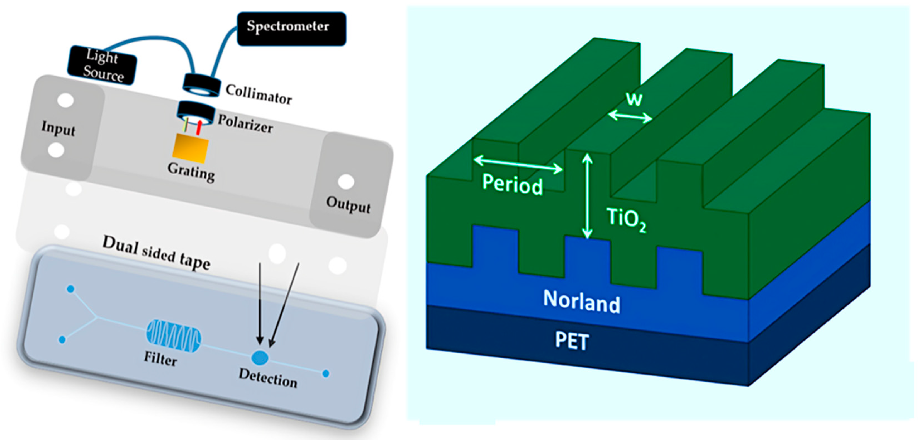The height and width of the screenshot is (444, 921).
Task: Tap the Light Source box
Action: click(102, 65)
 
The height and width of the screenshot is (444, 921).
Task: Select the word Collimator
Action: click(259, 94)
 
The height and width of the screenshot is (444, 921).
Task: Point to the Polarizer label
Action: click(245, 124)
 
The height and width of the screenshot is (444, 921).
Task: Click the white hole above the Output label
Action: click(346, 181)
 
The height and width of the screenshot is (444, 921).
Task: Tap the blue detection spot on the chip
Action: click(260, 357)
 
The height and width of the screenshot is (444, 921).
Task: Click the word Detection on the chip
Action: click(268, 378)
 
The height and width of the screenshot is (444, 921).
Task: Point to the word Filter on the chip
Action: click(160, 358)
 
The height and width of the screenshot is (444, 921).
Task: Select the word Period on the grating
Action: click(512, 184)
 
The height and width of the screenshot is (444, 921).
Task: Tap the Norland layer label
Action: click(581, 302)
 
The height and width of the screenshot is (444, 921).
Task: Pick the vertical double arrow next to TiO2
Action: click(587, 196)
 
